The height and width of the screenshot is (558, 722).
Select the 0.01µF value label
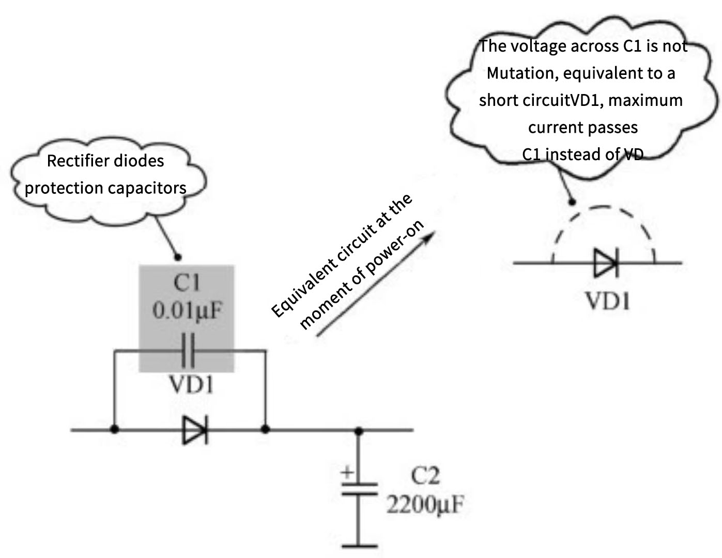pyautogui.click(x=187, y=311)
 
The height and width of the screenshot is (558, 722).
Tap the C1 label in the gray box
pyautogui.click(x=187, y=283)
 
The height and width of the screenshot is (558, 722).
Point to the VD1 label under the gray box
pyautogui.click(x=191, y=385)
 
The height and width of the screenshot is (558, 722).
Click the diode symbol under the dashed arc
pyautogui.click(x=605, y=263)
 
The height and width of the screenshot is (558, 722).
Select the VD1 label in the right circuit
pyautogui.click(x=608, y=301)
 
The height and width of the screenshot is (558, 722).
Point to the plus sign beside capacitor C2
pyautogui.click(x=348, y=472)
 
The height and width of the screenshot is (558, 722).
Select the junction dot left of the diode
pyautogui.click(x=115, y=429)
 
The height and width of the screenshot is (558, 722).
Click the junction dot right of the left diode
pyautogui.click(x=265, y=429)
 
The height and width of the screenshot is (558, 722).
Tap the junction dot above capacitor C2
pyautogui.click(x=359, y=430)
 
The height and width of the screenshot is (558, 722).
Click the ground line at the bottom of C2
pyautogui.click(x=359, y=545)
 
